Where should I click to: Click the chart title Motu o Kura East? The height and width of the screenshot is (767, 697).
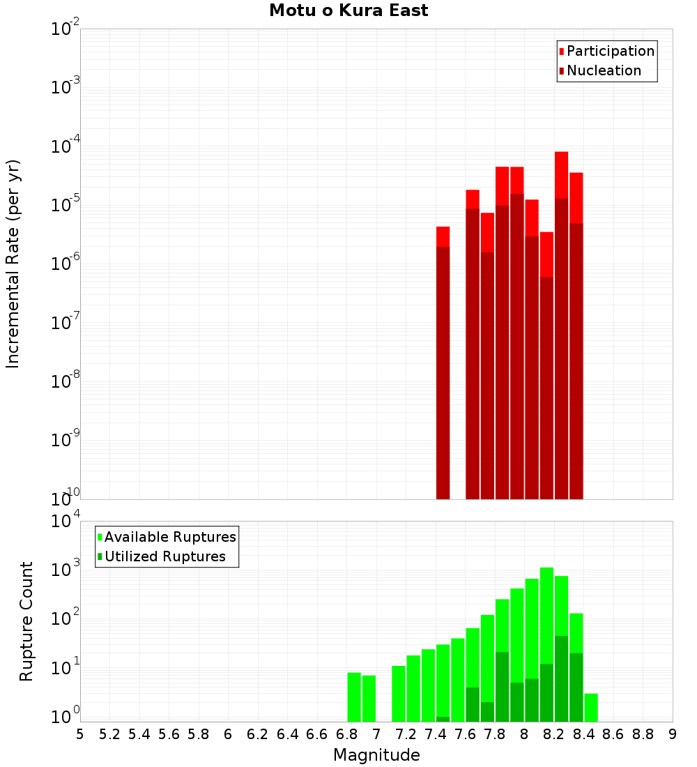coord(348,10)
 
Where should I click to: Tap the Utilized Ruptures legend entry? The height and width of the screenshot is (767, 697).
coord(164,556)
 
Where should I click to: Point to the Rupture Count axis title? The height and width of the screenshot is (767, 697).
coord(26,621)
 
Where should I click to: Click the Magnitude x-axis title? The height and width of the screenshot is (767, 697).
coord(376,755)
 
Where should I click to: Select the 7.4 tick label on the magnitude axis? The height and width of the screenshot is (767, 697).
coord(436,734)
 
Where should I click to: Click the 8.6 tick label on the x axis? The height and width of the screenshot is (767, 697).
coord(613,734)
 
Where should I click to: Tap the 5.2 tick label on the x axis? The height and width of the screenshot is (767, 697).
coord(110,734)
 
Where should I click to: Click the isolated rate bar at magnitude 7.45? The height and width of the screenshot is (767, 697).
coord(443,363)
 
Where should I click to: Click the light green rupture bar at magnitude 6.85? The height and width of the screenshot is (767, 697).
coord(354,697)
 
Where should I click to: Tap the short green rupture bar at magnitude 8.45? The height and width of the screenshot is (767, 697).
coord(591,708)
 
